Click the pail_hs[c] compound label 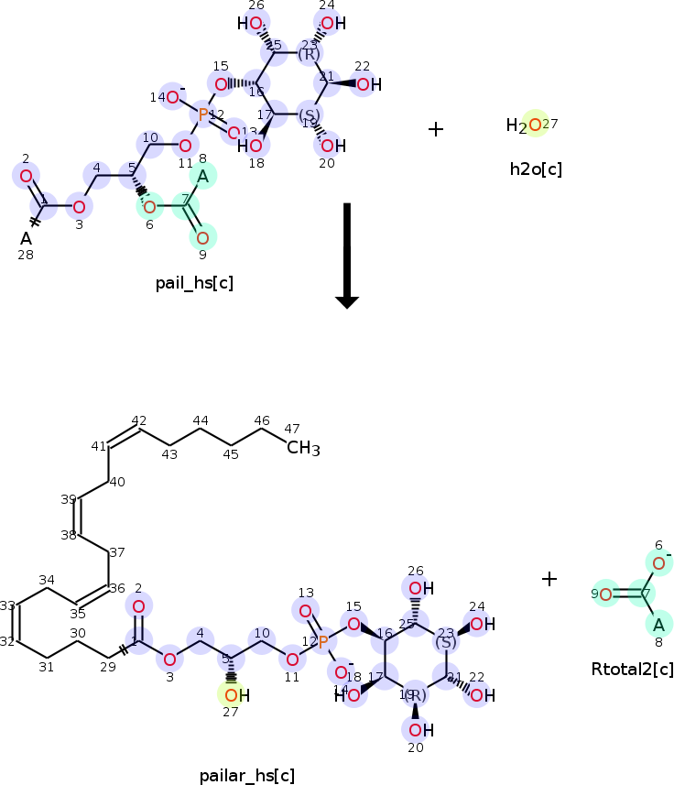coord(194,283)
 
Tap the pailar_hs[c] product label coord(247,776)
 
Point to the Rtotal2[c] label coord(632,670)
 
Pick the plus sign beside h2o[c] coord(436,129)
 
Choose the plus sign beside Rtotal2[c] coord(549,579)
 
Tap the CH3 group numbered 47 coord(303,448)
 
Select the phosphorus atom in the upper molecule coord(203,114)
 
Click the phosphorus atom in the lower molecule coord(321,643)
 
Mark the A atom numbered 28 coord(27,238)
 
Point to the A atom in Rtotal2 coord(658,626)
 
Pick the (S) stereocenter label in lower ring coord(445,642)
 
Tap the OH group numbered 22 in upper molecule coord(364,85)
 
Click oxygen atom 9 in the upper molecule coord(202,238)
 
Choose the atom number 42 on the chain coord(139,420)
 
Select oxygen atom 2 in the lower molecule coord(138,606)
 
